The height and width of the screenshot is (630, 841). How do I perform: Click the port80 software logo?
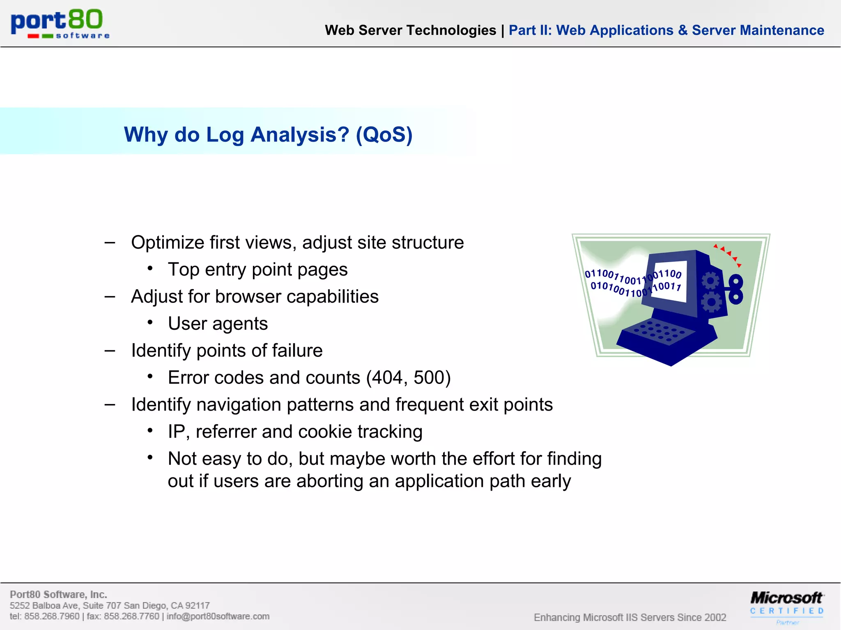[60, 24]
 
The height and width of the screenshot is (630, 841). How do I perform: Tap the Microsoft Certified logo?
[786, 606]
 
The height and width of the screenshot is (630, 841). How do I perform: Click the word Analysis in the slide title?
[300, 135]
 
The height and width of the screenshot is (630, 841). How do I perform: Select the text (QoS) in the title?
[384, 135]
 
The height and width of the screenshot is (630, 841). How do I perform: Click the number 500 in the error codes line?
[429, 377]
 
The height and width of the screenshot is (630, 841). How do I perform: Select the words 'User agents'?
[218, 324]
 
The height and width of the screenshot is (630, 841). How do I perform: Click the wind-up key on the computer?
[735, 290]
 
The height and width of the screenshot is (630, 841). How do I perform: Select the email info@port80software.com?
[218, 616]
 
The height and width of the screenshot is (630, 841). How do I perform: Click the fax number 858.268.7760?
[131, 616]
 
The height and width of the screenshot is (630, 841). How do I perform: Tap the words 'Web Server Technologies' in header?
[410, 30]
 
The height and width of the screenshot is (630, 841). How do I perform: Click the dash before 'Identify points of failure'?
[110, 351]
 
